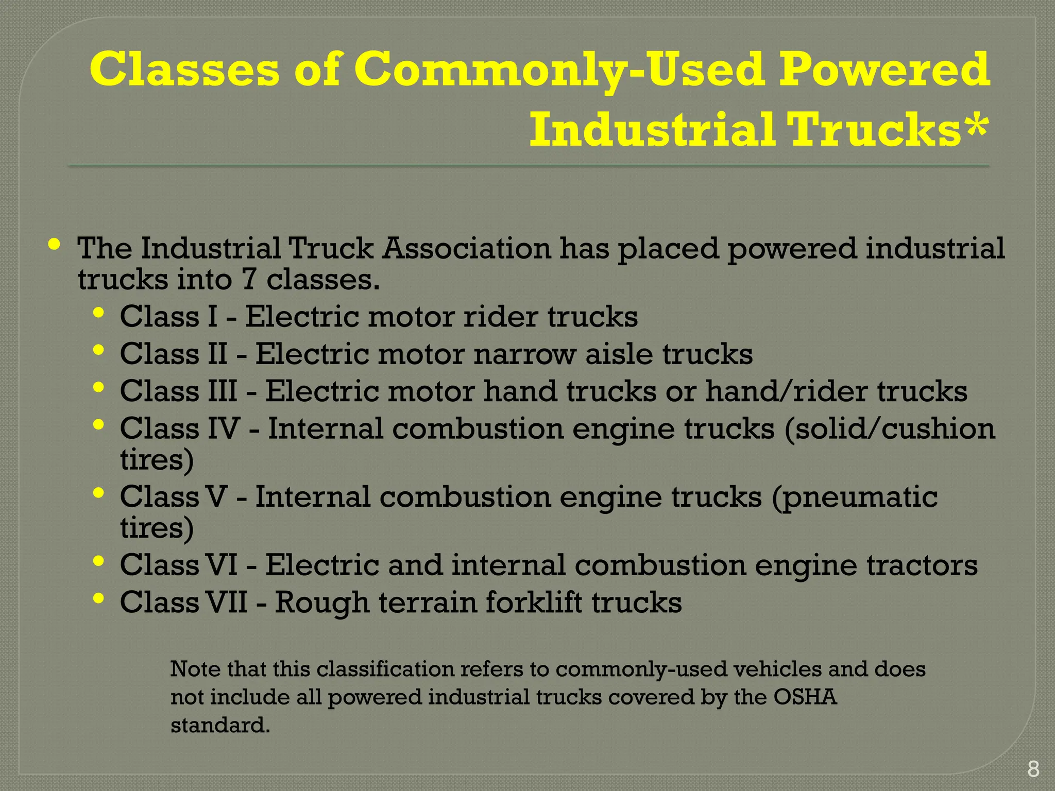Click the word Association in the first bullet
point(467,248)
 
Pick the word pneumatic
point(855,497)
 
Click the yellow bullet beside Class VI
point(99,561)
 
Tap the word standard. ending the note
point(220,726)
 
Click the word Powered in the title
point(883,70)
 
